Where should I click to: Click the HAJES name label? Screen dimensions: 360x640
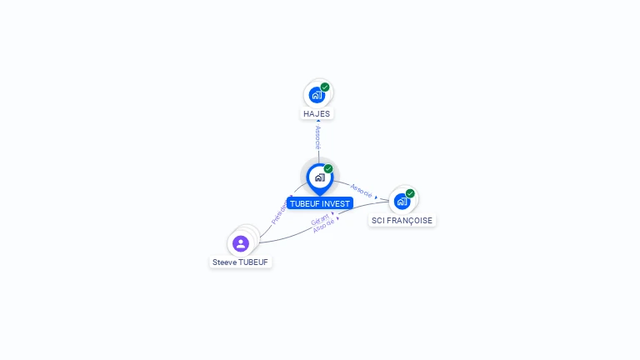(317, 113)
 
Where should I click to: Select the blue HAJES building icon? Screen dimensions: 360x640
(316, 95)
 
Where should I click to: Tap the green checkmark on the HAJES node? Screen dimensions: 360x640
(325, 87)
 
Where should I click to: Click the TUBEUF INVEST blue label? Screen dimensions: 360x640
(320, 203)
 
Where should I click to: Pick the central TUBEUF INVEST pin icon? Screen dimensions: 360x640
(319, 177)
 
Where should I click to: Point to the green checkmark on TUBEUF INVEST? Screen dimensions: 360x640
(328, 169)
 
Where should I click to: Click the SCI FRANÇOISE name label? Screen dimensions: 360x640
(402, 221)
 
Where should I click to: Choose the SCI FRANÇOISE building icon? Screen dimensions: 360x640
(402, 202)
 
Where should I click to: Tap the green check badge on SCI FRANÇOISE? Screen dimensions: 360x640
(410, 193)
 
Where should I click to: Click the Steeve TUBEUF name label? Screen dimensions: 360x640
(241, 262)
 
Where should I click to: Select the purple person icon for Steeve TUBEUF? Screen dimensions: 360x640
(241, 243)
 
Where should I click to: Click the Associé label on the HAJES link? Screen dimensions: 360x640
(317, 138)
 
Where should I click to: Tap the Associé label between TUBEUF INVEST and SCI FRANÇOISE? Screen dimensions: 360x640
(362, 190)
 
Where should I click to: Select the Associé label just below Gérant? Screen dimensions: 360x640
(324, 227)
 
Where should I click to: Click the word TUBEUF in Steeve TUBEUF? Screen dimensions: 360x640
(253, 262)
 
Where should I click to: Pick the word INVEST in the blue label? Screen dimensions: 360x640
(337, 203)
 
